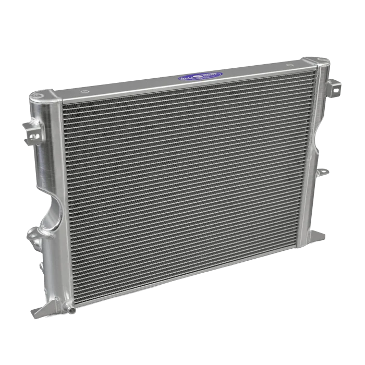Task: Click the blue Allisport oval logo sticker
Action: tap(200, 76)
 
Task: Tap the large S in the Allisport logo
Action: tap(200, 76)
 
